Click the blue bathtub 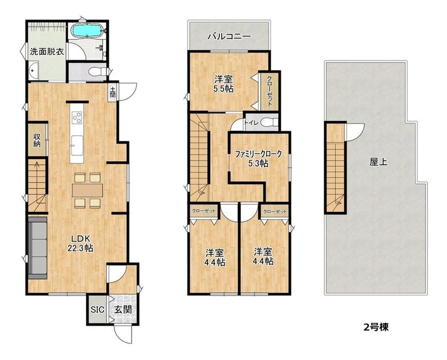tap(87, 30)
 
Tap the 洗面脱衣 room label tap(47, 52)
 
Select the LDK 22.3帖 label tap(80, 243)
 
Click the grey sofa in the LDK tap(38, 248)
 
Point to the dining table tap(88, 190)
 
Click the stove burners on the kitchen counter tap(77, 118)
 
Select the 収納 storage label tap(37, 140)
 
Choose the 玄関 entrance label tap(123, 309)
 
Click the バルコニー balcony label tap(229, 36)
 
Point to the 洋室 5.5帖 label tap(224, 83)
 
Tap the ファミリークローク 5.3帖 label tap(258, 158)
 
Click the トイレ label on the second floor tap(251, 123)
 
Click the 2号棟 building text tap(376, 327)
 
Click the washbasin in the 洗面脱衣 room tap(34, 71)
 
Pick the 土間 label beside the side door tap(113, 93)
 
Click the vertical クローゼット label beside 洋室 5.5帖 tap(270, 91)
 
